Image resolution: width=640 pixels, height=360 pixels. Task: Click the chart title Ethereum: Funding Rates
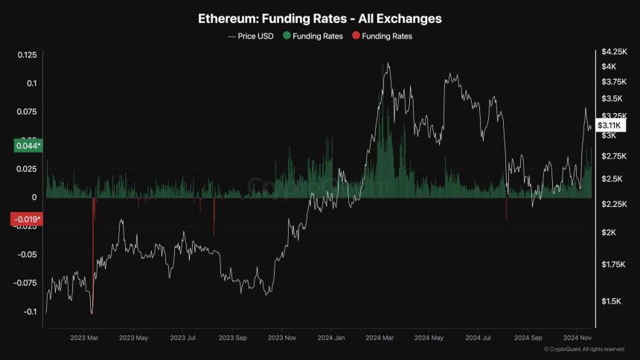[x=319, y=18]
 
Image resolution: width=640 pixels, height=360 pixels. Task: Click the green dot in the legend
[x=287, y=36]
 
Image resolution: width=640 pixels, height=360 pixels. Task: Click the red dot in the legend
[x=356, y=36]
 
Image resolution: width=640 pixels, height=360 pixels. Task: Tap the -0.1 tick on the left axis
[x=28, y=312]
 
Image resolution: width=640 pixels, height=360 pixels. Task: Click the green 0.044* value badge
[x=28, y=146]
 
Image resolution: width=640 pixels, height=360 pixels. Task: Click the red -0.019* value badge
[x=27, y=219]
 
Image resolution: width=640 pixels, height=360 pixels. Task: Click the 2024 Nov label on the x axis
[x=576, y=338]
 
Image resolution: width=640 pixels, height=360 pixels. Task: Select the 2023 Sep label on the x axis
[x=231, y=338]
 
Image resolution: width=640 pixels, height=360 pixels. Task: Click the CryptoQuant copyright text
[x=583, y=349]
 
